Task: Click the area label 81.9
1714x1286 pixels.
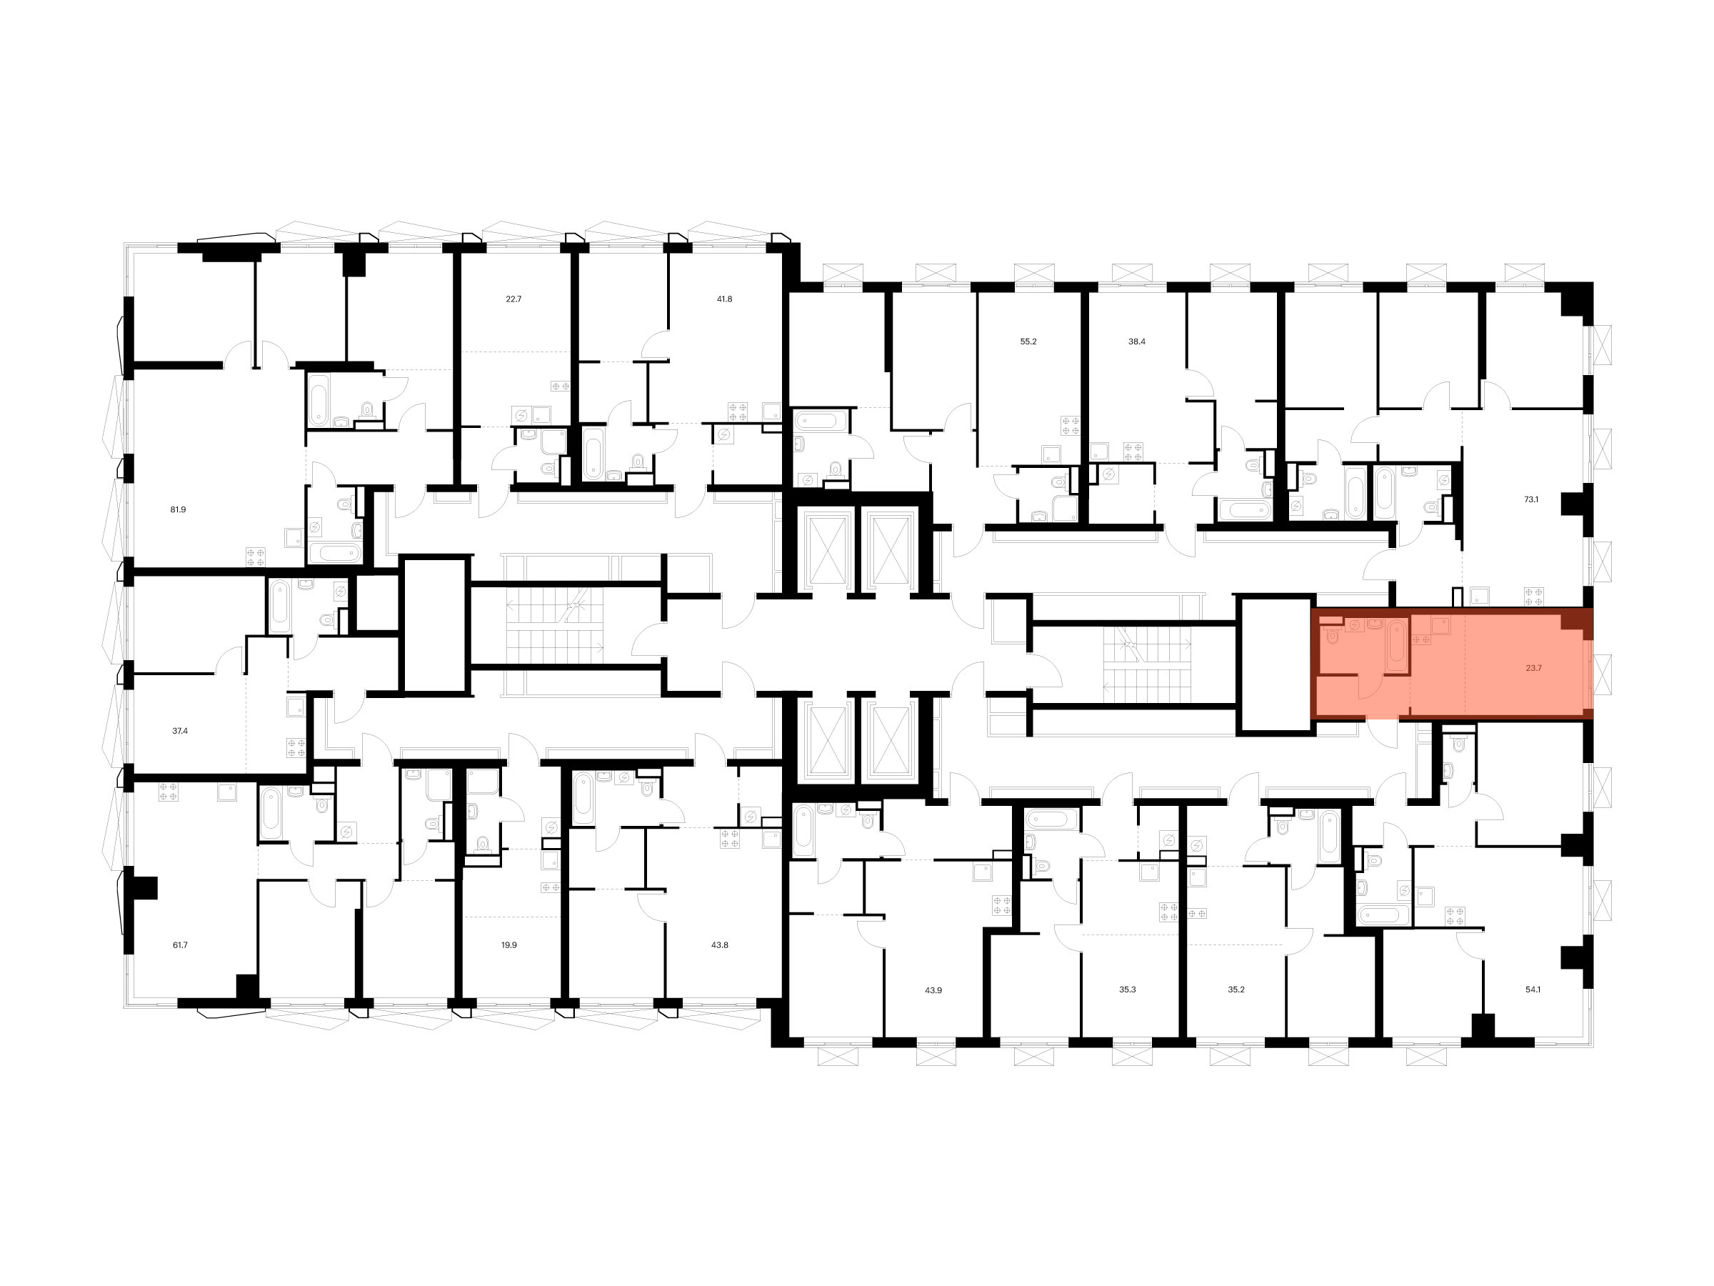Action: pyautogui.click(x=179, y=509)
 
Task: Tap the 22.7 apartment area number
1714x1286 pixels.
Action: pyautogui.click(x=513, y=299)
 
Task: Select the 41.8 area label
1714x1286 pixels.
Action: pyautogui.click(x=724, y=299)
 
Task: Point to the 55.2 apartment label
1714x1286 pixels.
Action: pyautogui.click(x=1028, y=341)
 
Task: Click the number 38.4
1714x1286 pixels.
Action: pyautogui.click(x=1137, y=341)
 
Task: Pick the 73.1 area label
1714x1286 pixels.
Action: pyautogui.click(x=1531, y=500)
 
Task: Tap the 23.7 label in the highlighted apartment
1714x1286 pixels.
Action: pyautogui.click(x=1533, y=667)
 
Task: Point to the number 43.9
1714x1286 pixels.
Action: pyautogui.click(x=933, y=990)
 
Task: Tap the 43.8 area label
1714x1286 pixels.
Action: pyautogui.click(x=720, y=945)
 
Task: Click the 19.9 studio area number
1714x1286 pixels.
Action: pyautogui.click(x=509, y=945)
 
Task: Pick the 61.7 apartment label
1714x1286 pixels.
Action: pyautogui.click(x=180, y=945)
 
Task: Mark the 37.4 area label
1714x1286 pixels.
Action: pyautogui.click(x=180, y=730)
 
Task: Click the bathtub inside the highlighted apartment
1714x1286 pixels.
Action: pyautogui.click(x=1396, y=646)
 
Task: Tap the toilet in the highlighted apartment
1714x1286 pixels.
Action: pyautogui.click(x=1332, y=637)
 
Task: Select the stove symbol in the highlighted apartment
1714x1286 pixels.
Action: pyautogui.click(x=1422, y=639)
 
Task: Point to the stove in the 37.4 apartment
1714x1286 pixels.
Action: pyautogui.click(x=296, y=747)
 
